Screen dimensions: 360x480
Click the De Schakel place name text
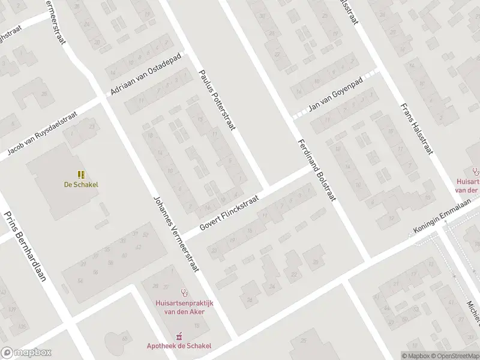[80, 185]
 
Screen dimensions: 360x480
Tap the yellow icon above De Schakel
[80, 175]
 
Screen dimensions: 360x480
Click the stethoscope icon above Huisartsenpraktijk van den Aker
[187, 293]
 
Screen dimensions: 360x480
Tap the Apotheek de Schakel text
[179, 346]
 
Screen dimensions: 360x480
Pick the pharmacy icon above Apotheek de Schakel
[178, 336]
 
